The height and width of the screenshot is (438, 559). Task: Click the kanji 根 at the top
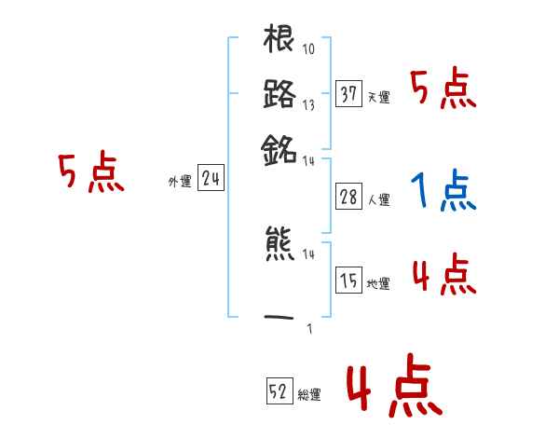279,41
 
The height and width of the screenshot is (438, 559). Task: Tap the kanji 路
279,94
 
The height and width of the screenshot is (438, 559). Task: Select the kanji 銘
279,147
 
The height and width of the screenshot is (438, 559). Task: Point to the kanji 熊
279,245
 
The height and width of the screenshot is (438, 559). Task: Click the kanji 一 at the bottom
279,318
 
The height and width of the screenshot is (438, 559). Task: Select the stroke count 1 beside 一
308,327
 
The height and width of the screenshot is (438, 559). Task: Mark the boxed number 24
211,180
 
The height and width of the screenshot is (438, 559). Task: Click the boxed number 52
279,391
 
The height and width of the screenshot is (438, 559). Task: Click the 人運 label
378,199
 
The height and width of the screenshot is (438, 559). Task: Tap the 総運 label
309,395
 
